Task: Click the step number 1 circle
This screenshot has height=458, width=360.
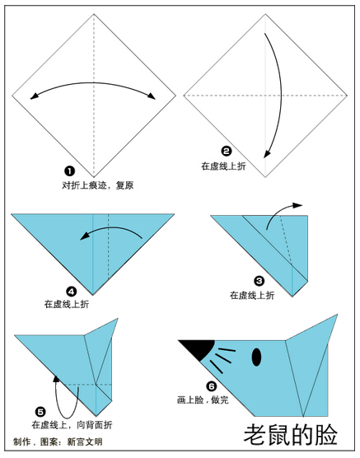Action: coord(69,171)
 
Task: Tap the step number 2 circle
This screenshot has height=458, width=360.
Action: coord(227,152)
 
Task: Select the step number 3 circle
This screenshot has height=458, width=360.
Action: coord(259,281)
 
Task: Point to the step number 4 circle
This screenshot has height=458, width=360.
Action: coord(72,292)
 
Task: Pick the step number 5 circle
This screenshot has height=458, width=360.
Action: coord(40,412)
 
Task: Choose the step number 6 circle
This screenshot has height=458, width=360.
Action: coord(212,386)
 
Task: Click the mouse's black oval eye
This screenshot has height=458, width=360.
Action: coord(256,357)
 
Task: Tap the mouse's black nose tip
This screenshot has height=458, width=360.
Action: coord(180,340)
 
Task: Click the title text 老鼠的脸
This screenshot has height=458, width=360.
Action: coord(291,435)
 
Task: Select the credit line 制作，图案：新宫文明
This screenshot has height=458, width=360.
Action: coord(58,442)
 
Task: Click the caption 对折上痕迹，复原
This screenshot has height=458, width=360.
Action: coord(98,185)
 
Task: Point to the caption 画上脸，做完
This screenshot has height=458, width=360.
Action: coord(203,400)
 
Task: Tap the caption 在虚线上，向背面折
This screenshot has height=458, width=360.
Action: coord(72,425)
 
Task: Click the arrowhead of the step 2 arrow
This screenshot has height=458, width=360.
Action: coord(266,154)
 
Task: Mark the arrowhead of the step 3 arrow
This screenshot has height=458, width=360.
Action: coord(298,205)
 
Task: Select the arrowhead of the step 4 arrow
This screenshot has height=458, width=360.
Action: coord(85,236)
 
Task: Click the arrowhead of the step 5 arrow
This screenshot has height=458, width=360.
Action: coord(56,379)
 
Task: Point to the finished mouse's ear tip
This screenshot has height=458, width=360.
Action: coord(337,315)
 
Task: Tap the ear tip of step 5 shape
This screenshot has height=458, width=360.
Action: coord(118,319)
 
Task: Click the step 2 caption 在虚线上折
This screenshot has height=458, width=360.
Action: coord(223,166)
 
